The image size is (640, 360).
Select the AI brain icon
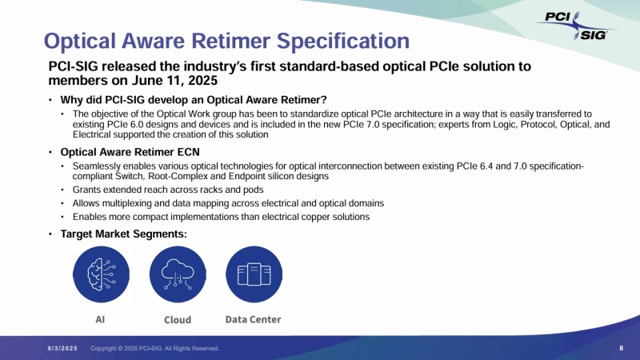[x=101, y=274]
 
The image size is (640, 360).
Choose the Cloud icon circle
[x=178, y=274]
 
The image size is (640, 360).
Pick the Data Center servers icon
[x=254, y=274]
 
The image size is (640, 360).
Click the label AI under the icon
[x=101, y=319]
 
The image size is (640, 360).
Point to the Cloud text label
[x=178, y=319]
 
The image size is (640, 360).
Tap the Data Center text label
[x=253, y=319]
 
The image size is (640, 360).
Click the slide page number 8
[x=622, y=348]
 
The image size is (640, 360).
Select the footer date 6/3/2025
[x=61, y=349]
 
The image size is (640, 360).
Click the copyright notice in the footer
[x=154, y=349]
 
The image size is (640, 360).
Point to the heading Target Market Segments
[x=123, y=234]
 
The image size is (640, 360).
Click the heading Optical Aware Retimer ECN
[x=130, y=151]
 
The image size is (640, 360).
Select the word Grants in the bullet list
[x=86, y=190]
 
